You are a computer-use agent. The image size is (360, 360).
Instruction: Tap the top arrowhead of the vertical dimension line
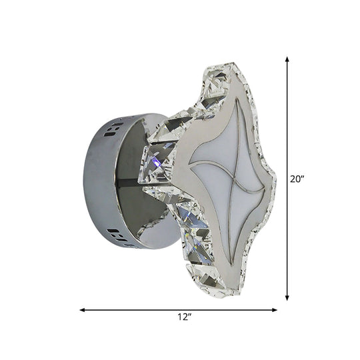287,59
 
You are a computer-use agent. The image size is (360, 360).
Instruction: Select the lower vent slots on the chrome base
115,235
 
